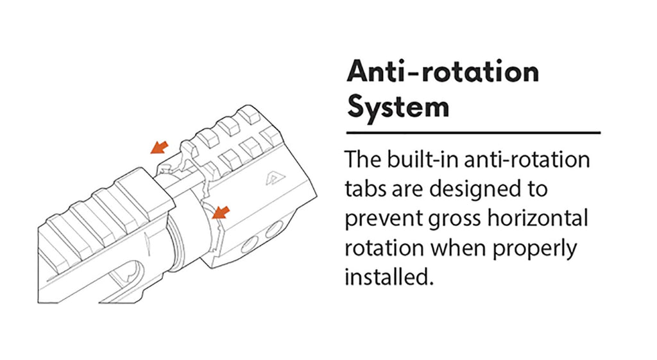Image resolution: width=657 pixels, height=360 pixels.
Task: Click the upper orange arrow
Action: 159,147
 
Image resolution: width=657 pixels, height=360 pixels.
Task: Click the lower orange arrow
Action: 221,212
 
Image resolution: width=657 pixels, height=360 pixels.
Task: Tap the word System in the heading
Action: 398,108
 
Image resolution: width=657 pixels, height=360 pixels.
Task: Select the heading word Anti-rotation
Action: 443,72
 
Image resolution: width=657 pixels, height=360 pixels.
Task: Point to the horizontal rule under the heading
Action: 474,133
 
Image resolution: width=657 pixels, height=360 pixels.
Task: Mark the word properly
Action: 534,249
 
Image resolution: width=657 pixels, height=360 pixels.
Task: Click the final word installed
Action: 389,277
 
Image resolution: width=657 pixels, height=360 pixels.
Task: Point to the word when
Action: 458,248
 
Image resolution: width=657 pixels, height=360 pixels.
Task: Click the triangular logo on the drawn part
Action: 271,180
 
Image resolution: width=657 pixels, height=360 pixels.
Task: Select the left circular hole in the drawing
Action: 250,244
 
